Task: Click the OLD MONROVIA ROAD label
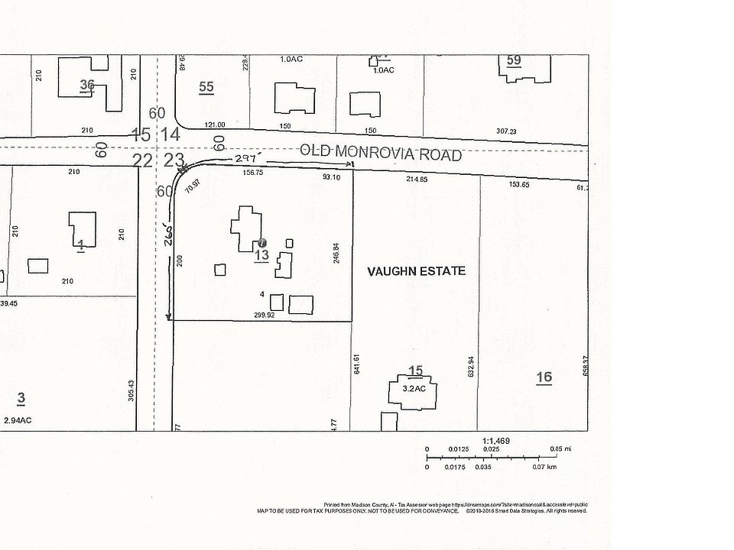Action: [x=381, y=153]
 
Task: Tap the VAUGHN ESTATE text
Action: [x=416, y=271]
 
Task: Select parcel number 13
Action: [x=261, y=254]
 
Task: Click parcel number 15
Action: [x=415, y=372]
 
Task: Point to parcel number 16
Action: [x=544, y=377]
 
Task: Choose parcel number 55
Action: [x=206, y=86]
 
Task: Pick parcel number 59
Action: [x=514, y=60]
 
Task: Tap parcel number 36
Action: [x=87, y=85]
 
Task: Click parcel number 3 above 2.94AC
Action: [x=21, y=398]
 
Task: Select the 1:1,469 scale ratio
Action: [x=495, y=441]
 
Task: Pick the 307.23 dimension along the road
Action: [x=508, y=131]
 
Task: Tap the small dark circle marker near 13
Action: [x=263, y=242]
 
